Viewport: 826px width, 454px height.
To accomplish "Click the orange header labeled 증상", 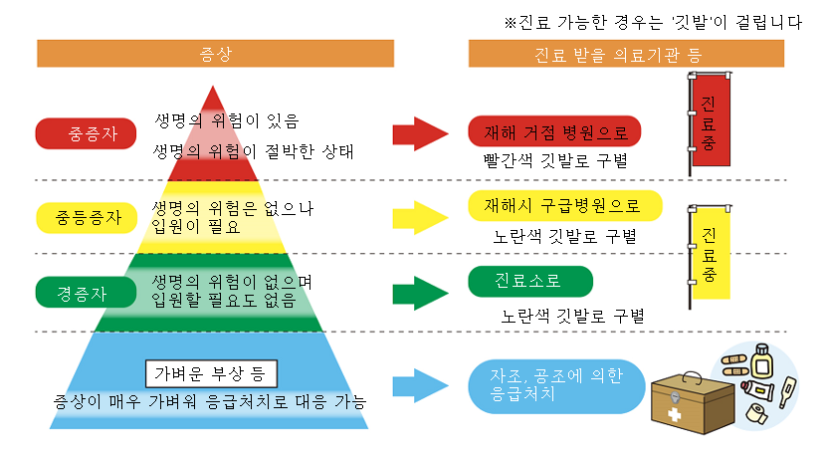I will pos(215,53).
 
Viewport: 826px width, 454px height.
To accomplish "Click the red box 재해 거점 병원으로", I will pos(554,130).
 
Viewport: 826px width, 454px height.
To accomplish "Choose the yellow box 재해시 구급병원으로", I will pos(564,205).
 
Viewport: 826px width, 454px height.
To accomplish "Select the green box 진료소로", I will pos(529,282).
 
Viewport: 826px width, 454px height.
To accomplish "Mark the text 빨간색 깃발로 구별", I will pos(554,160).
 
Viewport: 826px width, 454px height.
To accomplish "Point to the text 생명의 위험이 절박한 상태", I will pos(254,150).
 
